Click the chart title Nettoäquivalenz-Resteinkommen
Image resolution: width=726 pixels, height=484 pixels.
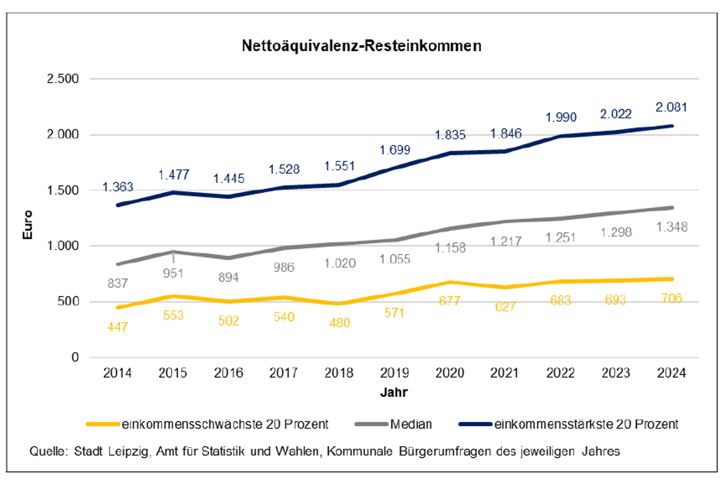[361, 46]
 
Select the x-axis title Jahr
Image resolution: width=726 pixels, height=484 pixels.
[394, 392]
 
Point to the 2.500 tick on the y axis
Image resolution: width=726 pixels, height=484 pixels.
[63, 79]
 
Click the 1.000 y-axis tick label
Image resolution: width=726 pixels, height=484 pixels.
[63, 246]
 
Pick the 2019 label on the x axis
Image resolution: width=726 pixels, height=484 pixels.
[394, 373]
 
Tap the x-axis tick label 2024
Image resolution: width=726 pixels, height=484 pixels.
[671, 373]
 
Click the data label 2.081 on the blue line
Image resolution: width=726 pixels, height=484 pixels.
[671, 107]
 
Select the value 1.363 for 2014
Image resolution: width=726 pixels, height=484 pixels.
[118, 187]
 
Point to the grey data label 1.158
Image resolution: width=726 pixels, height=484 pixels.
[450, 248]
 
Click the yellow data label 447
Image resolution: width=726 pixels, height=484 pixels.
[118, 327]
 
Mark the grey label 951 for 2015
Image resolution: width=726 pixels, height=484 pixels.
[173, 274]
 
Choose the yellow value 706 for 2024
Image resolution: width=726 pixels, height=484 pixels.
[671, 298]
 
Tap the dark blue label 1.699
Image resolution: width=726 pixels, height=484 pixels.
[395, 150]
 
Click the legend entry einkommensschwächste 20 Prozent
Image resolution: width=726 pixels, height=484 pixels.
[225, 424]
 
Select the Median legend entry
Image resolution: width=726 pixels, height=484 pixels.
[411, 424]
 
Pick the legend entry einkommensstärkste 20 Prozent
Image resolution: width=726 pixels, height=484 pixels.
[586, 424]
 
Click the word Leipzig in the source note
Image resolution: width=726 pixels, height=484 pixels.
[128, 451]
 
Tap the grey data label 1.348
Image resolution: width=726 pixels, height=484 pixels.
[672, 227]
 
